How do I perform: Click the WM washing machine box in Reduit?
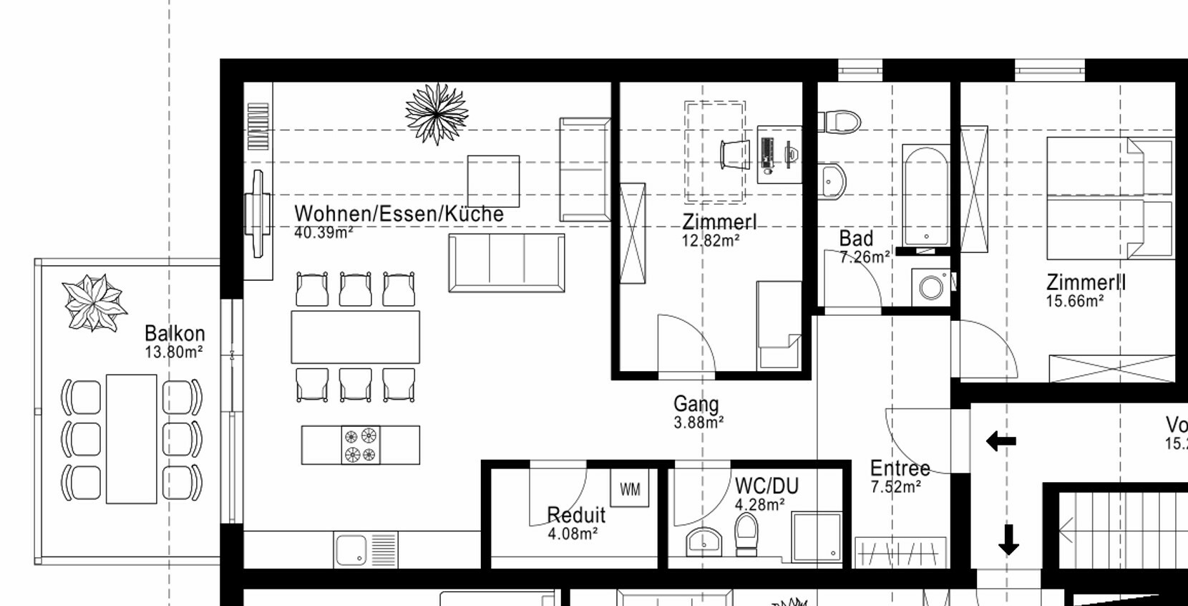pyautogui.click(x=630, y=489)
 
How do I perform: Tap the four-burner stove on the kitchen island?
pyautogui.click(x=360, y=445)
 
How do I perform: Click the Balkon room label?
pyautogui.click(x=175, y=334)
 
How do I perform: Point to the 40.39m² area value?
pyautogui.click(x=323, y=233)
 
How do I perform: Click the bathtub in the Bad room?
pyautogui.click(x=926, y=195)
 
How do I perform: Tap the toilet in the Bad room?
pyautogui.click(x=842, y=121)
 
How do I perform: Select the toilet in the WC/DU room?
pyautogui.click(x=746, y=533)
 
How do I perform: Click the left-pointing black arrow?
pyautogui.click(x=1000, y=441)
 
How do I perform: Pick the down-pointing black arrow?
pyautogui.click(x=1008, y=539)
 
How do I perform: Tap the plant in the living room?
pyautogui.click(x=437, y=114)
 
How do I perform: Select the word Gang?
pyautogui.click(x=696, y=405)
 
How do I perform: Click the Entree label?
pyautogui.click(x=900, y=468)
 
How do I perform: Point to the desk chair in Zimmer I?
pyautogui.click(x=735, y=154)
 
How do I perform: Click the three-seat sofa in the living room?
pyautogui.click(x=507, y=263)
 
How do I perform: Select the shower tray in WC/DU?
pyautogui.click(x=817, y=537)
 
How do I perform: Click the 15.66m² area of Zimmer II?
pyautogui.click(x=1074, y=302)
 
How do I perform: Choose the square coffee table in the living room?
pyautogui.click(x=493, y=181)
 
